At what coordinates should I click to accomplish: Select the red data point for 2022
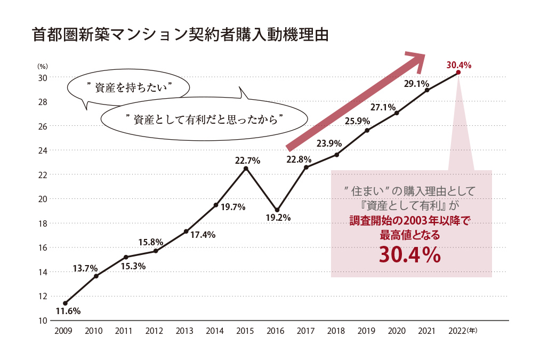tap(458, 73)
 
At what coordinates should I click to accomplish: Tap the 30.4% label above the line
tap(458, 65)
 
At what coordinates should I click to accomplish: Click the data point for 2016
tap(277, 210)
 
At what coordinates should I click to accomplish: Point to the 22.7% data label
tap(247, 160)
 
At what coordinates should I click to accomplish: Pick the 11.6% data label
tap(68, 311)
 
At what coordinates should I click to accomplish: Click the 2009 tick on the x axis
tap(64, 331)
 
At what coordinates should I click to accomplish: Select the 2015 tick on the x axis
tap(245, 331)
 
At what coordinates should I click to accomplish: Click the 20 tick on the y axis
tap(42, 199)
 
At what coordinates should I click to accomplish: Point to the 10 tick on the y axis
tap(42, 321)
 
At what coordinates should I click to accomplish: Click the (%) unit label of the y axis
tap(42, 67)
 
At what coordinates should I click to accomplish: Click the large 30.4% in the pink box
tap(409, 255)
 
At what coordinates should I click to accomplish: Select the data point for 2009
tap(65, 303)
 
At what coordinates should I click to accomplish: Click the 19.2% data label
tap(278, 218)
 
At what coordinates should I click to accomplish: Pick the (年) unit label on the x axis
tap(472, 331)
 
